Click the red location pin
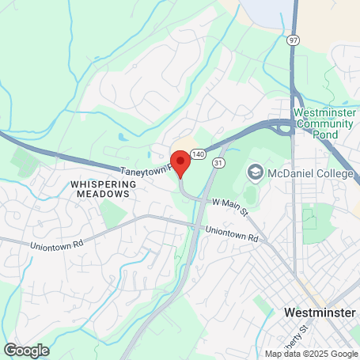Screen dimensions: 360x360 [180, 162]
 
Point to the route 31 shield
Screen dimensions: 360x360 [218, 161]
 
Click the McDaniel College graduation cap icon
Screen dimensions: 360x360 [256, 172]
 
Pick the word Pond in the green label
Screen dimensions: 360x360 [324, 135]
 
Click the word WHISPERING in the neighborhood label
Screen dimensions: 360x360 [103, 184]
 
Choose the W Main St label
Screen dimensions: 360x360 [229, 209]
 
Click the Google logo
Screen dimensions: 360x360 [26, 350]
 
